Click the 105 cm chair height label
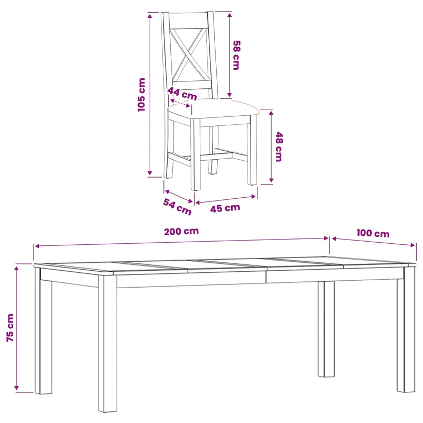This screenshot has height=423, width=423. pos(142,95)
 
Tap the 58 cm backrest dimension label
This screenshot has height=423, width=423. pos(236,56)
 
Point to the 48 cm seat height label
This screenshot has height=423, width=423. pos(279,147)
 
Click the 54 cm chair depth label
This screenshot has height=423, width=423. pos(177,207)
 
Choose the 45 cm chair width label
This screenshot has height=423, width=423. pos(225,208)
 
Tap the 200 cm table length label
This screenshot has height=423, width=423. pos(181,232)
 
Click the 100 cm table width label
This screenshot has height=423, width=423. pos(373,233)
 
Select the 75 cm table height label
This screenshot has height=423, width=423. pos(10,328)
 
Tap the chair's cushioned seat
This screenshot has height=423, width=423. pos(214,108)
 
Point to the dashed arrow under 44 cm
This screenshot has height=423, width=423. pos(180,104)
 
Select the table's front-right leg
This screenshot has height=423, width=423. pos(406,329)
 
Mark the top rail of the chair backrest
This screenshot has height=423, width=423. pos(188,20)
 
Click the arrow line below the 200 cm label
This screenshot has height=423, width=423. pos(181,242)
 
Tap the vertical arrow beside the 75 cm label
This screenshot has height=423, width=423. pos(16,328)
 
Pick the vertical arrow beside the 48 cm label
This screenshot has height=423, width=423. pos(271,146)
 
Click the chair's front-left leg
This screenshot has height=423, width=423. pos(195,154)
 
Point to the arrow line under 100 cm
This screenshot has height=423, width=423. pos(373,242)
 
